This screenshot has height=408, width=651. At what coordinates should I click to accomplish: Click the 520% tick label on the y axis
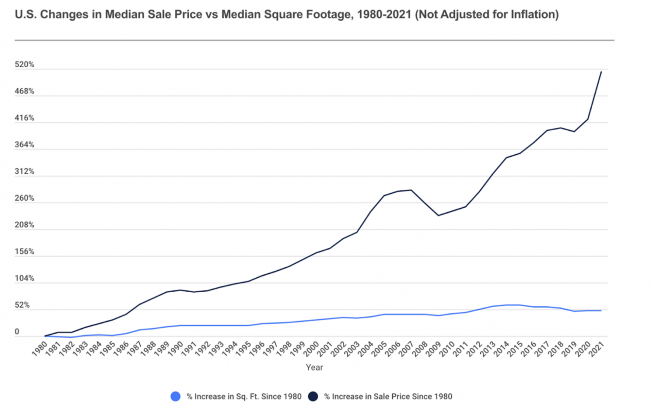tap(25, 65)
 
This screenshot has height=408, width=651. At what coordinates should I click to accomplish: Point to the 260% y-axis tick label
tap(25, 198)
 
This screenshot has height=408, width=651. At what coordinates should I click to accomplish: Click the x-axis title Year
tap(314, 367)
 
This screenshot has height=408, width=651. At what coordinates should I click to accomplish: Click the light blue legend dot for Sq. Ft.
tap(176, 396)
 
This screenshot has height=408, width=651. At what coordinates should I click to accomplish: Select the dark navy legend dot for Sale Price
tap(313, 396)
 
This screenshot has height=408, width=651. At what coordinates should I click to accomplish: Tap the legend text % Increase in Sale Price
tap(388, 396)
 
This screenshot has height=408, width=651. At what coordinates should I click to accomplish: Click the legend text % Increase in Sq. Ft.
tap(244, 396)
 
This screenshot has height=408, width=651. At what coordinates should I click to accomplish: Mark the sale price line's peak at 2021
tap(601, 72)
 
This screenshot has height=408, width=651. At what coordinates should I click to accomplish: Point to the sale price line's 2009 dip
tap(438, 215)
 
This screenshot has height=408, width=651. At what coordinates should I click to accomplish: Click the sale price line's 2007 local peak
tap(411, 190)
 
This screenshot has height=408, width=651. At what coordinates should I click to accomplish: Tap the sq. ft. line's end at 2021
tap(601, 310)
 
